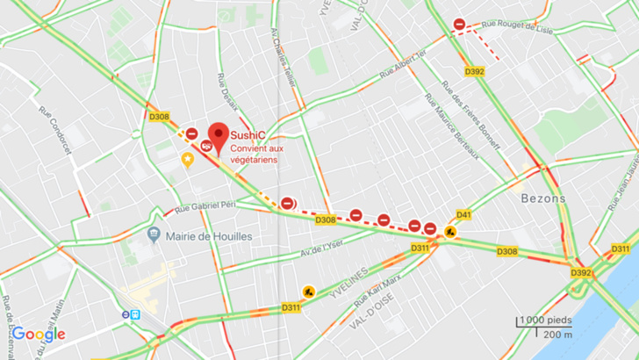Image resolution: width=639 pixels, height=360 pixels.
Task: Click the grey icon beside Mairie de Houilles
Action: click(154, 236)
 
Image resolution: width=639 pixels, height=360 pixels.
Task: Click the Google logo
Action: click(39, 335)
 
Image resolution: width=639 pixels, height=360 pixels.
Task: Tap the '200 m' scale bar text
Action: click(558, 335)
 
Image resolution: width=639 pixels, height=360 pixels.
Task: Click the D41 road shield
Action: click(464, 215)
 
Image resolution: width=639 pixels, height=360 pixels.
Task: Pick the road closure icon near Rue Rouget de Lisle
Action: click(459, 25)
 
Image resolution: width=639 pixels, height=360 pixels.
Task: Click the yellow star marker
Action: click(187, 159)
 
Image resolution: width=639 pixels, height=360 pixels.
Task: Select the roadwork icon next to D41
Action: click(449, 232)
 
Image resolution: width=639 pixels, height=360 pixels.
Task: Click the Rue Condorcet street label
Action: click(48, 126)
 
